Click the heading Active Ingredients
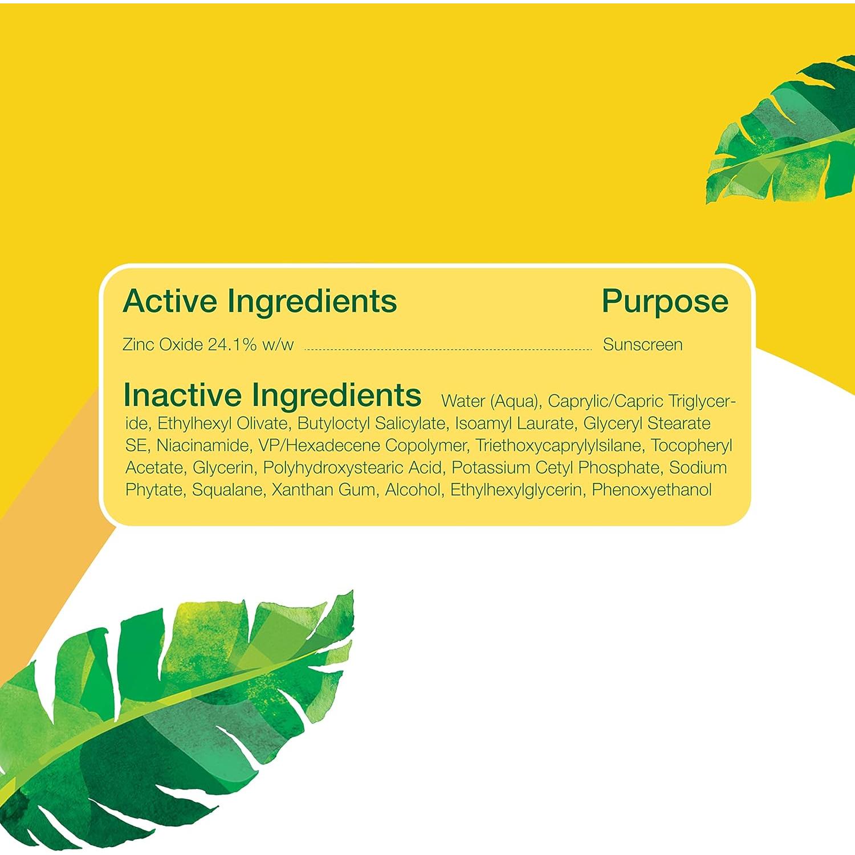coord(260,301)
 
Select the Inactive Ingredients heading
coord(272,395)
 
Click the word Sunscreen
coord(642,345)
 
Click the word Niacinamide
coord(203,446)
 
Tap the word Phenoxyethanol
coord(652,490)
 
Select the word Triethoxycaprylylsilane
coord(558,446)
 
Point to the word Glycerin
coord(223,468)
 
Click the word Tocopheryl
coord(691,446)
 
